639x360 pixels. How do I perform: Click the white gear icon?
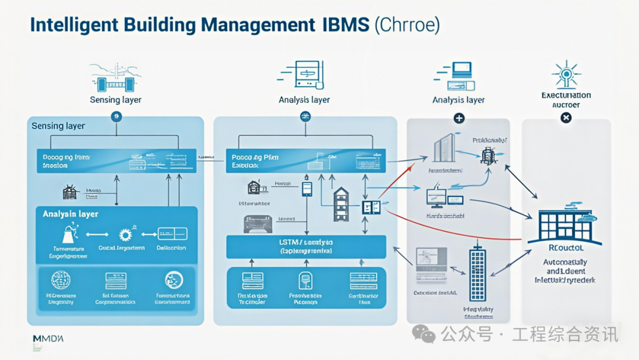coord(125,234)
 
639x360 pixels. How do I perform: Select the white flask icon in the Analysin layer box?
coord(66,233)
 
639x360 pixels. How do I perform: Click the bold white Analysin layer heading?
coord(70,214)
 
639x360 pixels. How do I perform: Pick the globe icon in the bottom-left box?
coord(61,279)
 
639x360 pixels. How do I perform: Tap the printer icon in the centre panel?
coord(257,223)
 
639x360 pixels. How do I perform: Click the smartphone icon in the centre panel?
coord(306,188)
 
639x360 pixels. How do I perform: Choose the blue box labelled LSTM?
coord(306,246)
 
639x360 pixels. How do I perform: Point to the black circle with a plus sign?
coord(459,118)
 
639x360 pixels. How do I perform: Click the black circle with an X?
coord(566,118)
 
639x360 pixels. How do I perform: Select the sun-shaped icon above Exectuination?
coord(566,74)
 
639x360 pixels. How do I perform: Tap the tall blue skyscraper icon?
coord(477,272)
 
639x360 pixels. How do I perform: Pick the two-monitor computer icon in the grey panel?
coord(443,198)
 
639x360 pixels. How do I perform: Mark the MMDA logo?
coord(48,339)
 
